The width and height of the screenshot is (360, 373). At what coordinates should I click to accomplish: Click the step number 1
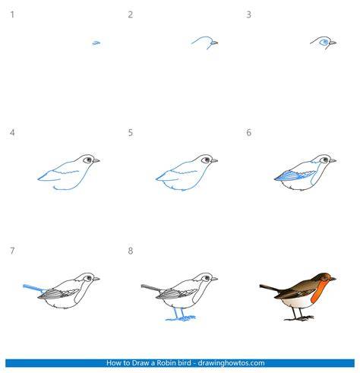coord(12,14)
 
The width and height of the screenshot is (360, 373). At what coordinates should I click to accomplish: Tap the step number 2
coord(130,14)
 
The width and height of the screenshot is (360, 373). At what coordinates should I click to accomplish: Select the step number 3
coord(248,14)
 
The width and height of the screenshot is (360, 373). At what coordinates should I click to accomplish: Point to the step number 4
coord(12,132)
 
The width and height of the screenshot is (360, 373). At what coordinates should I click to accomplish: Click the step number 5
coord(130,132)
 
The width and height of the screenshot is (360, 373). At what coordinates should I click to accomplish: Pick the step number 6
coord(248,132)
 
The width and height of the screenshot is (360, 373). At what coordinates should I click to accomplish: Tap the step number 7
coord(12,251)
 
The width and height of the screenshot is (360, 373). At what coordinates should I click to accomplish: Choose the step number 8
coord(130,251)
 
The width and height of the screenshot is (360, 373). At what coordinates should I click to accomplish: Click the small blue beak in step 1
coord(96,43)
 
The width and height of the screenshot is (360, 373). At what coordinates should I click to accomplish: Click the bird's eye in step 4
coord(88,160)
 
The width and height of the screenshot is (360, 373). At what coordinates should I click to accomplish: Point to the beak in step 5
coord(214,160)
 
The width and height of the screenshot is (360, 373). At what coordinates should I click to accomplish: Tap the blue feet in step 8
coord(180,315)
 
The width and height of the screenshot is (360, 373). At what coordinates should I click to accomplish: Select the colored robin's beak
coord(333,279)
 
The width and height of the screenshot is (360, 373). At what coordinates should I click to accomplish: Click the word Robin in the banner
coord(166,363)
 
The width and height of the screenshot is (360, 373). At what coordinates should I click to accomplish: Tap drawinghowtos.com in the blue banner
coord(231,363)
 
